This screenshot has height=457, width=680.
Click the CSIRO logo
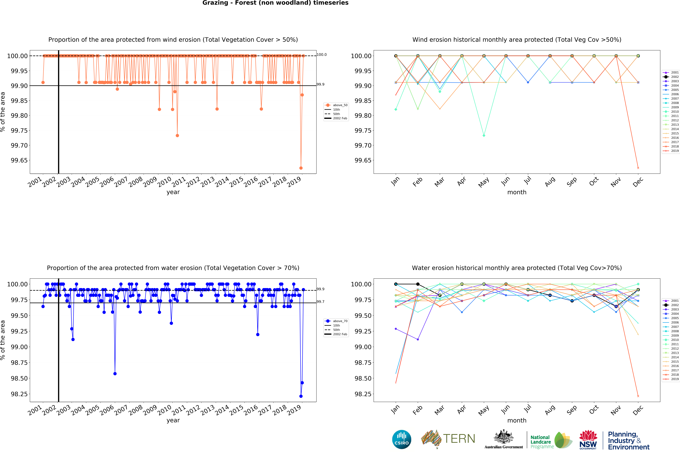click(x=401, y=439)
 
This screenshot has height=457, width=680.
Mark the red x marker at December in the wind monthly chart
click(x=638, y=168)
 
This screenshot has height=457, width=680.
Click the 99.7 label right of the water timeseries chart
click(x=320, y=302)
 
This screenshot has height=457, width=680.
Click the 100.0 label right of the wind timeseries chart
click(x=322, y=55)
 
